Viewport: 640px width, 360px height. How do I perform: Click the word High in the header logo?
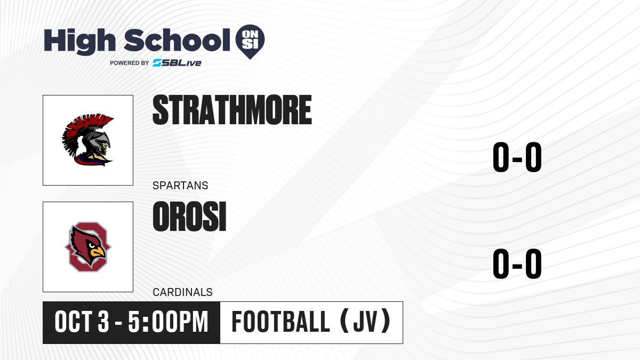[x=79, y=42]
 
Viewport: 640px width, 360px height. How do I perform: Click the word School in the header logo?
[x=177, y=40]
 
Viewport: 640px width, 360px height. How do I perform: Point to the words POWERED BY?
[x=130, y=63]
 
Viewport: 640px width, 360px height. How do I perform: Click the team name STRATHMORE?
[x=232, y=110]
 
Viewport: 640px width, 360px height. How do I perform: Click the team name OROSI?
[x=189, y=217]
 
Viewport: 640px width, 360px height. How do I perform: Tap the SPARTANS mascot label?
[x=180, y=186]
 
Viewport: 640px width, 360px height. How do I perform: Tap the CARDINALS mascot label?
[x=182, y=292]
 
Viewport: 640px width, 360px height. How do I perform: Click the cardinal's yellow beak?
[x=98, y=252]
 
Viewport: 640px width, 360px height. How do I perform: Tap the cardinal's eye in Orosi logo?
[x=91, y=245]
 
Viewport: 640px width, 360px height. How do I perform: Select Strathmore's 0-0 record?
[x=517, y=157]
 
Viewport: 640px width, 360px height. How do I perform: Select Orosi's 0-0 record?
[x=517, y=263]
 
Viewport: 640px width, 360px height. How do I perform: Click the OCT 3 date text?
[x=82, y=322]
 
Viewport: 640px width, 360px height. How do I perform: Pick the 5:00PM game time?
[x=169, y=322]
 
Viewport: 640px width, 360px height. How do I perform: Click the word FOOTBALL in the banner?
[x=281, y=322]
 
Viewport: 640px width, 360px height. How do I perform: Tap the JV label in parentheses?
[x=366, y=322]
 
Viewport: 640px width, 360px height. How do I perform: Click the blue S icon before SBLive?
[x=157, y=63]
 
